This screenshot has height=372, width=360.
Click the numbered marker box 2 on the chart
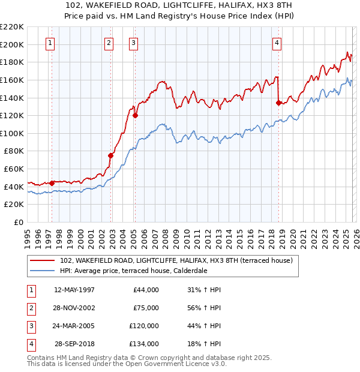click(x=109, y=43)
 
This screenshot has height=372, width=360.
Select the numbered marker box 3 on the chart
click(x=133, y=43)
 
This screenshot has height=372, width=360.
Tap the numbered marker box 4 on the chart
click(x=277, y=43)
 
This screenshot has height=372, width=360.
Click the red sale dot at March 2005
click(x=135, y=115)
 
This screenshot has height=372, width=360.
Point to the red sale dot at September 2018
click(x=278, y=103)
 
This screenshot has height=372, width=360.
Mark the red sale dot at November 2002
click(x=110, y=155)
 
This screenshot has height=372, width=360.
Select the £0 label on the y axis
click(x=18, y=222)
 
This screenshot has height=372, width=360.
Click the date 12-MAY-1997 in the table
click(x=74, y=290)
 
